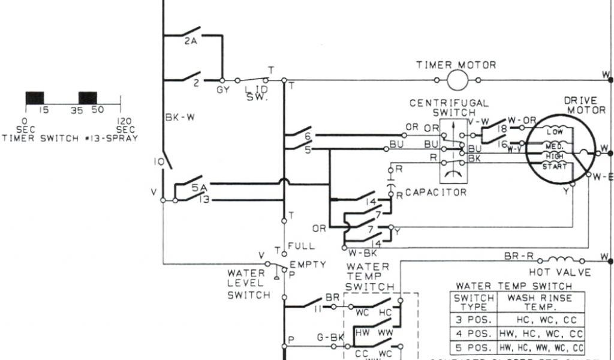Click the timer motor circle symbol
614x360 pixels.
click(x=457, y=80)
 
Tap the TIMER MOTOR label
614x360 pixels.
click(x=456, y=65)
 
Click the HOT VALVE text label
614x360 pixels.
click(x=564, y=272)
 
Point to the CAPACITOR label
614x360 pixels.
click(x=436, y=193)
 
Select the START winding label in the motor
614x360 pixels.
click(x=554, y=166)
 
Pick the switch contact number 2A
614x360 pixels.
click(x=191, y=41)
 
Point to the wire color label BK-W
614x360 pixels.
click(x=180, y=118)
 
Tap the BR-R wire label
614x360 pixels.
click(x=519, y=256)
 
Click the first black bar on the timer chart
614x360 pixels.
click(x=35, y=98)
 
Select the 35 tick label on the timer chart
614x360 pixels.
click(x=77, y=110)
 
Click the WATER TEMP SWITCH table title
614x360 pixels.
click(x=514, y=286)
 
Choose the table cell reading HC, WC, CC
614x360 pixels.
click(x=540, y=320)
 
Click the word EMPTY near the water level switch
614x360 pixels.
click(x=308, y=264)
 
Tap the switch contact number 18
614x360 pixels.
click(x=502, y=128)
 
